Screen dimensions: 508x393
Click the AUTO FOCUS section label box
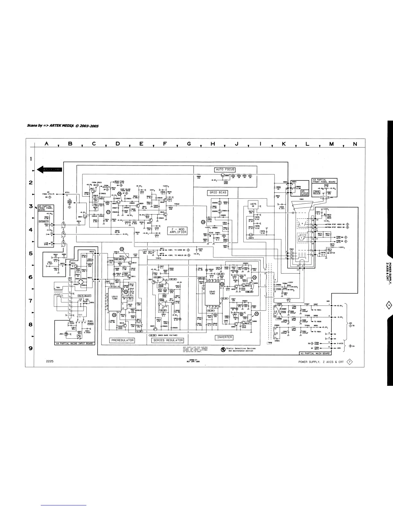coord(225,170)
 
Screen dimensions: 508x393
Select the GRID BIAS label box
coord(218,193)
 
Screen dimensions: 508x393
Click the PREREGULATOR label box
coord(122,340)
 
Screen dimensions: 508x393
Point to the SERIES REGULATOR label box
coord(168,340)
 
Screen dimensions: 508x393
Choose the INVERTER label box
coord(224,337)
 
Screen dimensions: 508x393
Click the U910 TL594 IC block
coord(115,298)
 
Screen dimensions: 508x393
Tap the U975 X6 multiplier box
coord(253,205)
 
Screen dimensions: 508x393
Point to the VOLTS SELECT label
coord(84,296)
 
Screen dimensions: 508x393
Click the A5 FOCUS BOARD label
coord(305,193)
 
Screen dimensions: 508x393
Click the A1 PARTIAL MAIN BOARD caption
coord(314,353)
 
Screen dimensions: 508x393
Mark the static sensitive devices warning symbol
coord(223,349)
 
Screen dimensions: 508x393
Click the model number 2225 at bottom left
coord(50,361)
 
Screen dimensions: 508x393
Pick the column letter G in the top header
coord(189,144)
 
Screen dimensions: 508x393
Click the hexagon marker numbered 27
coord(108,212)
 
